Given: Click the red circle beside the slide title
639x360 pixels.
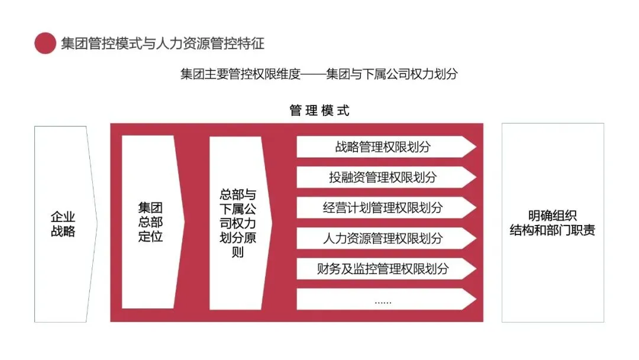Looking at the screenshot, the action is (x=45, y=43).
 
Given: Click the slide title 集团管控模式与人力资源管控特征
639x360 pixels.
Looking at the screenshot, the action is (x=162, y=43).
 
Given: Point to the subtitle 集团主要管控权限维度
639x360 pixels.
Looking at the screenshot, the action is (x=241, y=75).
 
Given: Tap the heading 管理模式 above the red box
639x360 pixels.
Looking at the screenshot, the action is (x=319, y=111).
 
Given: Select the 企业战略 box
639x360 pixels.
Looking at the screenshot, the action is (x=63, y=224).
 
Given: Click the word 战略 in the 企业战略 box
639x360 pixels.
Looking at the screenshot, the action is (x=63, y=231).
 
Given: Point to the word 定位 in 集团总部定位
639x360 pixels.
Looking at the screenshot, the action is (x=150, y=236).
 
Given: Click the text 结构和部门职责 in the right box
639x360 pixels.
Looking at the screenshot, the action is (x=553, y=230).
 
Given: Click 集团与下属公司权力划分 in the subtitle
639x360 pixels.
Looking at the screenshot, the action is (x=392, y=75).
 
